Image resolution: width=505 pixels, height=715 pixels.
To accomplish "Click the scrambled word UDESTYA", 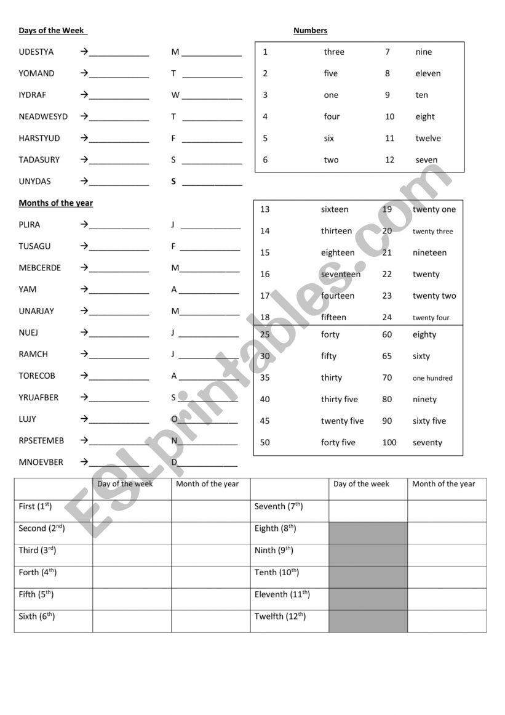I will pos(36,52).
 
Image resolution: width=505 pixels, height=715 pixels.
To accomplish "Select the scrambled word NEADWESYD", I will pos(43,117).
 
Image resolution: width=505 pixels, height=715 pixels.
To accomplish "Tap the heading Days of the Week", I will pos(52,31).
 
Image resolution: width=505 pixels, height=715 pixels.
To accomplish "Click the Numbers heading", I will pos(310,31).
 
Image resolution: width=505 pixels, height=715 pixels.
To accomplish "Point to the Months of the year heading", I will pos(56,203).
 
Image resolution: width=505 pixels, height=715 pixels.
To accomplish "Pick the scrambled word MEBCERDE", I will pos(40,268).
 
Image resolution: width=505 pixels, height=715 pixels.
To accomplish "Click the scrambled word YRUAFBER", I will pos(39,398).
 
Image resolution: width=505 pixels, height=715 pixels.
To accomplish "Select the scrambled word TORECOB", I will pos(37,376).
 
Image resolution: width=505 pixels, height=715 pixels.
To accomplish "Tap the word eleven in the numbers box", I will pos(427,74).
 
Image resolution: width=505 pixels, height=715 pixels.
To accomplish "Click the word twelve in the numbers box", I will pos(427,139).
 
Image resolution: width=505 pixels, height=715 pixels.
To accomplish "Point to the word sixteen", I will pos(334,210).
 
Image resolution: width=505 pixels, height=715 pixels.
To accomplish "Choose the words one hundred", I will pos(432,379).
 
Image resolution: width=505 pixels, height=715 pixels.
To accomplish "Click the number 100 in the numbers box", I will pos(389,443).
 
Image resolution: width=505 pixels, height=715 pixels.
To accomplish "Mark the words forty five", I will pos(338,443).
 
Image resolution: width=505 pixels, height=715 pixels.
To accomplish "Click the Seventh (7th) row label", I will pos(278,507).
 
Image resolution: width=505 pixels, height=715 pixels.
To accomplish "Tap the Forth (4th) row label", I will pos(38,573).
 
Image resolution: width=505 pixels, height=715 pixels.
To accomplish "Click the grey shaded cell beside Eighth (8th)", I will pos(368,533).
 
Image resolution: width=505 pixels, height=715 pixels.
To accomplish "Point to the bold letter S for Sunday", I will pos(173,182).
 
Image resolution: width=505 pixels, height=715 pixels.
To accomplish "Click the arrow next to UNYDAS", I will pos(84,182).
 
